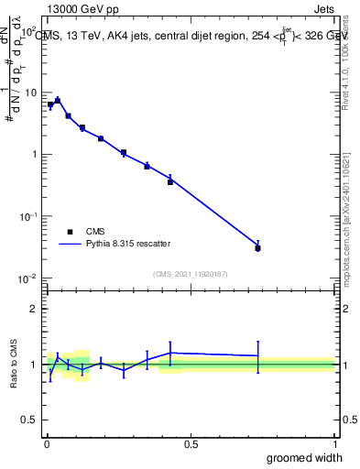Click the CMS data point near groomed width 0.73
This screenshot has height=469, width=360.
click(x=258, y=248)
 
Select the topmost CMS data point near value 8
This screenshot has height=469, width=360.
click(x=57, y=101)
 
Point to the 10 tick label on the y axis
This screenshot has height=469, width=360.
click(x=29, y=93)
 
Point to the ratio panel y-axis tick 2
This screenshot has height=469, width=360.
click(x=33, y=309)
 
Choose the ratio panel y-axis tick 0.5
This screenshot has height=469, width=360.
click(x=29, y=420)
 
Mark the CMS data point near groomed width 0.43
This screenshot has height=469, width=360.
click(x=170, y=182)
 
